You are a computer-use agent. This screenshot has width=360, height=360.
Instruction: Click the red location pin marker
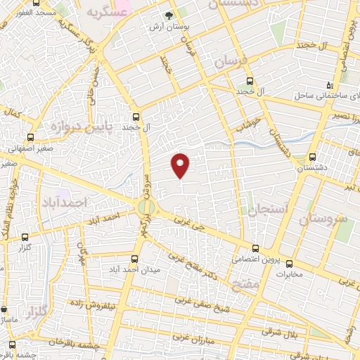point(181,165)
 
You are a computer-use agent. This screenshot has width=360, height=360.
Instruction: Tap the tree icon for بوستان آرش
point(169,15)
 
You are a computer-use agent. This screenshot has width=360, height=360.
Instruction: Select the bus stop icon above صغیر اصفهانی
point(30,137)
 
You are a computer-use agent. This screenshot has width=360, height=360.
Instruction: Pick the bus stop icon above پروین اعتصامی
point(255,247)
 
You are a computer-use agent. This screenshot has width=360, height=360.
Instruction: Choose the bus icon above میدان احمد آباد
point(136,258)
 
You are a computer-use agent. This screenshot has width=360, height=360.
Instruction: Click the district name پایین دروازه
point(80,127)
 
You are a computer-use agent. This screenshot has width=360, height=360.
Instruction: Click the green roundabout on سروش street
point(146,207)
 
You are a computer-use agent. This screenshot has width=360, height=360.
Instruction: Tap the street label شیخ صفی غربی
point(203,303)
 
